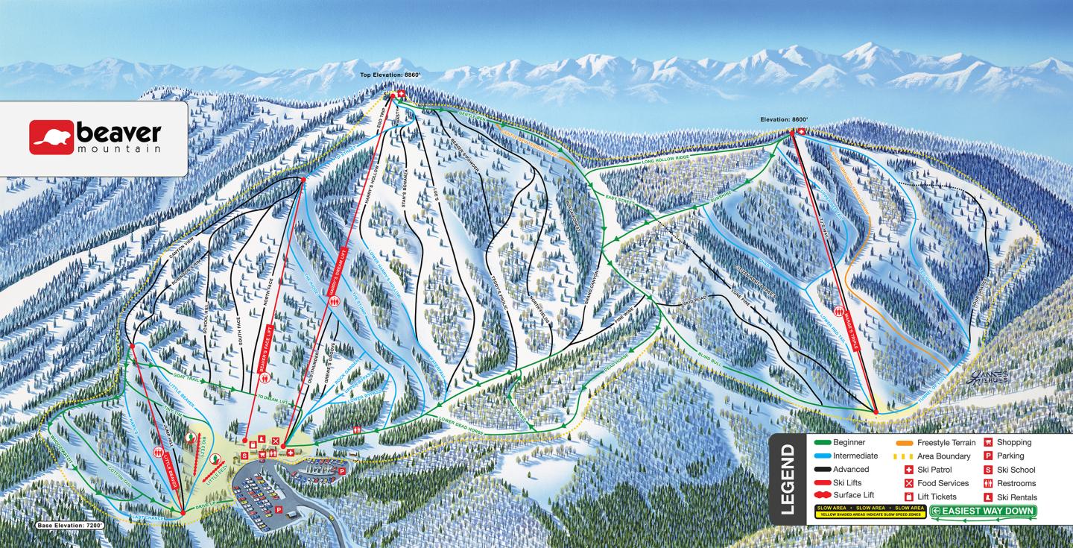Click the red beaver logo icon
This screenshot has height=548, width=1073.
(51, 138)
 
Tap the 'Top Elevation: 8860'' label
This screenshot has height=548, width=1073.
(386, 75)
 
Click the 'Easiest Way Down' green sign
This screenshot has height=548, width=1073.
(983, 511)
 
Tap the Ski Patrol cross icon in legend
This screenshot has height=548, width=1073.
(908, 470)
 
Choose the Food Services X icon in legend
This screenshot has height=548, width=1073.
(908, 483)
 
